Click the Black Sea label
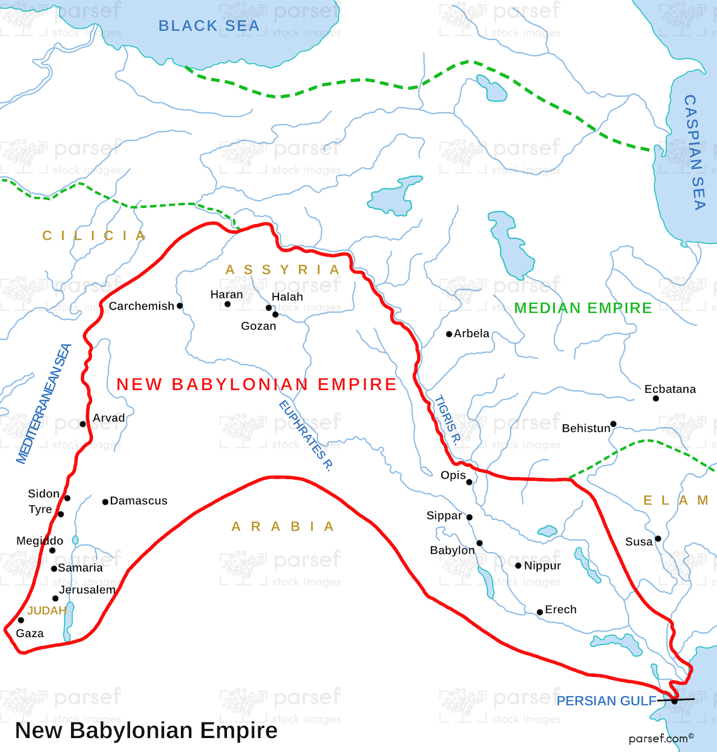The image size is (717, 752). point(209,26)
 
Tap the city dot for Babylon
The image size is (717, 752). point(479,543)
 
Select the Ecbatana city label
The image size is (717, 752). point(670,389)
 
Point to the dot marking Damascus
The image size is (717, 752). point(105,502)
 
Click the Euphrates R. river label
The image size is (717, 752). point(306,436)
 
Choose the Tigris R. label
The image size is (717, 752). point(447,420)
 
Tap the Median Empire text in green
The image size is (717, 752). point(583,308)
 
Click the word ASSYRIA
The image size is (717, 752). point(283,270)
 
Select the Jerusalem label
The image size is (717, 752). point(87,589)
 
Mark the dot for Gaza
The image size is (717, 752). point(21,620)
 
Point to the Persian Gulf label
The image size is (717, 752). point(606,701)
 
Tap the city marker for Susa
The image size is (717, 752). point(658,539)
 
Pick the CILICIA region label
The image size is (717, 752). point(94,236)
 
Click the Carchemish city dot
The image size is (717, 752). point(180,306)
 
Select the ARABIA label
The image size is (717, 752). point(283,527)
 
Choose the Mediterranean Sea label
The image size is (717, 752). point(43,404)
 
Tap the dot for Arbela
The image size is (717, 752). point(449,334)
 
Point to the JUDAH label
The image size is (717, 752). point(47,611)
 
